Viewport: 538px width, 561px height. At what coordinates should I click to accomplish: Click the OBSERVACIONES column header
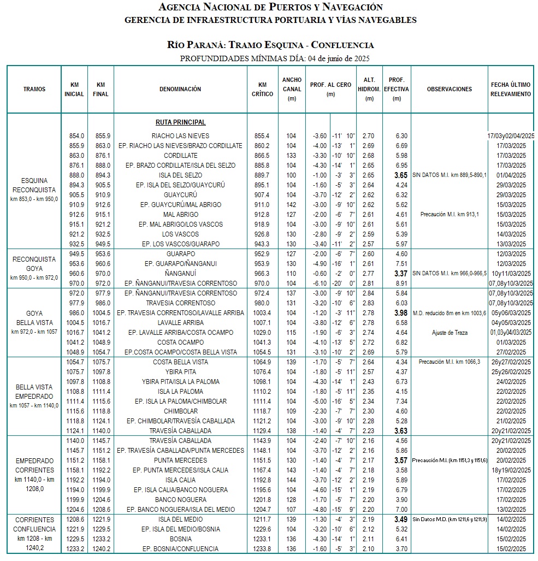pos(449,89)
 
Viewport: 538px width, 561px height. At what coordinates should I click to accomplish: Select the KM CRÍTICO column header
pos(262,89)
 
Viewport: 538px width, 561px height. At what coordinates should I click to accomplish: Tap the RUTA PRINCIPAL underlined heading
pos(180,122)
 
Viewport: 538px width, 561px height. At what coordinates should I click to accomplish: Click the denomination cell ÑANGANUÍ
pos(180,274)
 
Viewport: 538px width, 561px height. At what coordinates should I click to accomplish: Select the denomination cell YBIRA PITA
pos(180,372)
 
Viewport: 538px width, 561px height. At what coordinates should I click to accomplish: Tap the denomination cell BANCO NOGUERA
pos(180,500)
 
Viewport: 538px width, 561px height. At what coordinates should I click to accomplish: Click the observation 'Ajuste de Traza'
pos(449,333)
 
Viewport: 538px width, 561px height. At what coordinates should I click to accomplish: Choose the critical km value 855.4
pos(262,136)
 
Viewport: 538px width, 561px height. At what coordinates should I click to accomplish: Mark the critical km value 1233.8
pos(262,549)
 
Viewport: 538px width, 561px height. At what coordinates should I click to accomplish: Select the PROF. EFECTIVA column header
pos(397,89)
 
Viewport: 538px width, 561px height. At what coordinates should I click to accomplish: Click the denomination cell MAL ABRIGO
pos(180,215)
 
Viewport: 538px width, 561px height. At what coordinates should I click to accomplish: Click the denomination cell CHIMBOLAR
pos(180,411)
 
